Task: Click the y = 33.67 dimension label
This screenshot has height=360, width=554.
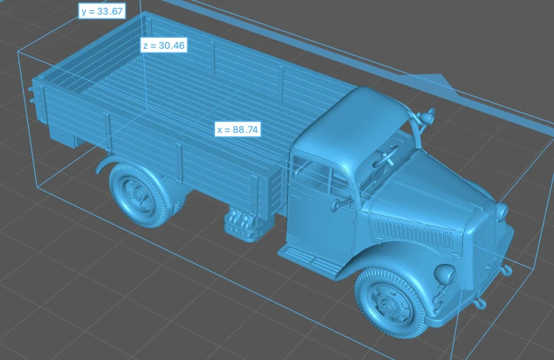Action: click(102, 11)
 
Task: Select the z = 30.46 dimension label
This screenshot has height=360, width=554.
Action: click(163, 45)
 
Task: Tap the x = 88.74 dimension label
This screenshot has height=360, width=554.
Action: click(238, 129)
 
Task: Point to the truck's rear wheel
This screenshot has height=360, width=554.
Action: click(139, 195)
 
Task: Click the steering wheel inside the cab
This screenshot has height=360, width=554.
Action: click(386, 156)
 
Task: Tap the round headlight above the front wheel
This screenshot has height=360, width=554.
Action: click(445, 275)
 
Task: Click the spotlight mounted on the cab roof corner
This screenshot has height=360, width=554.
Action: click(427, 116)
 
